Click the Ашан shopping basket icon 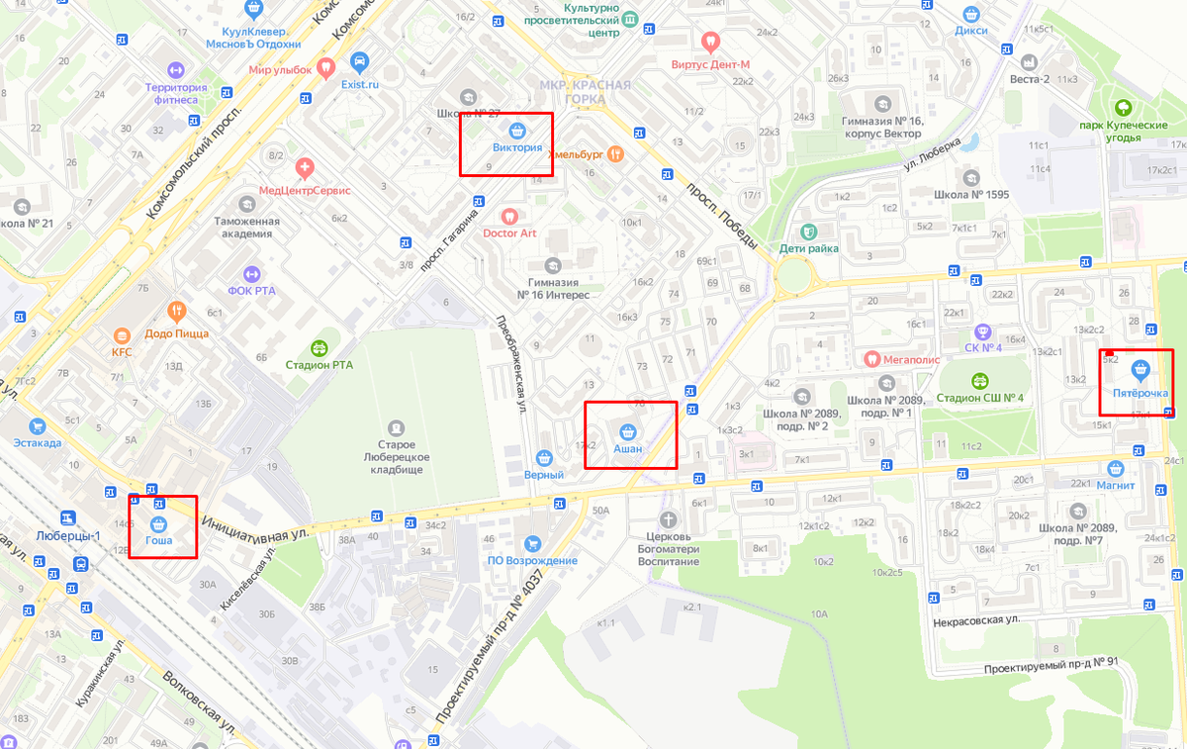627,431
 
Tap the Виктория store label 517,148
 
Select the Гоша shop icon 159,523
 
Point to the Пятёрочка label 1141,393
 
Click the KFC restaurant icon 122,334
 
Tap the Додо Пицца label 176,333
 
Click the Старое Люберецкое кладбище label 396,456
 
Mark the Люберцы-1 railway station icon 68,517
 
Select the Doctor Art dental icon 509,216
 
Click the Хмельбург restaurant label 576,153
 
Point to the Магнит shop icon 1117,468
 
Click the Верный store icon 543,458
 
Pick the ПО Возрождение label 531,561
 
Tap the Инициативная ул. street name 254,527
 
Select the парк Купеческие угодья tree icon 1123,108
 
